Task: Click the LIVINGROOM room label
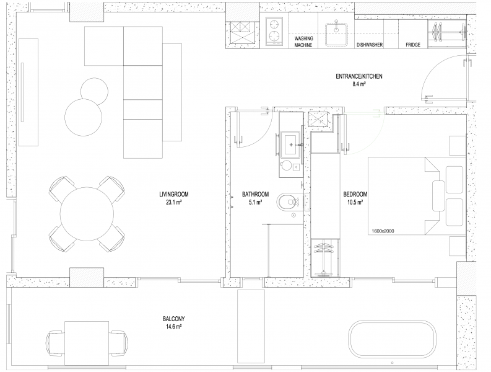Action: (x=174, y=195)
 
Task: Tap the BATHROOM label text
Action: (x=255, y=195)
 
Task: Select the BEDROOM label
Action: (x=355, y=195)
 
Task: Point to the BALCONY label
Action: (x=174, y=319)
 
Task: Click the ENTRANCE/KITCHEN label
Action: (x=359, y=76)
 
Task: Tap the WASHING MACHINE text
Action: (x=303, y=42)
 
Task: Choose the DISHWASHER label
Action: (x=370, y=45)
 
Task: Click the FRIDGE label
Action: (x=413, y=45)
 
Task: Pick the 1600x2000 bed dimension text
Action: (x=383, y=231)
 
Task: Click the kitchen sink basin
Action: (x=336, y=35)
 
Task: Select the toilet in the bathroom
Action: (x=289, y=201)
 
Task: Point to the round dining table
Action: (x=87, y=214)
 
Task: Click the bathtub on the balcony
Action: (x=393, y=339)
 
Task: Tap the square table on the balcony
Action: (x=87, y=343)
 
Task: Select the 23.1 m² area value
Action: (x=174, y=202)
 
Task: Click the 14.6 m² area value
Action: (x=174, y=327)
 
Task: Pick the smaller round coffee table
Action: (x=94, y=92)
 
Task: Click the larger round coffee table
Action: (x=84, y=117)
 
